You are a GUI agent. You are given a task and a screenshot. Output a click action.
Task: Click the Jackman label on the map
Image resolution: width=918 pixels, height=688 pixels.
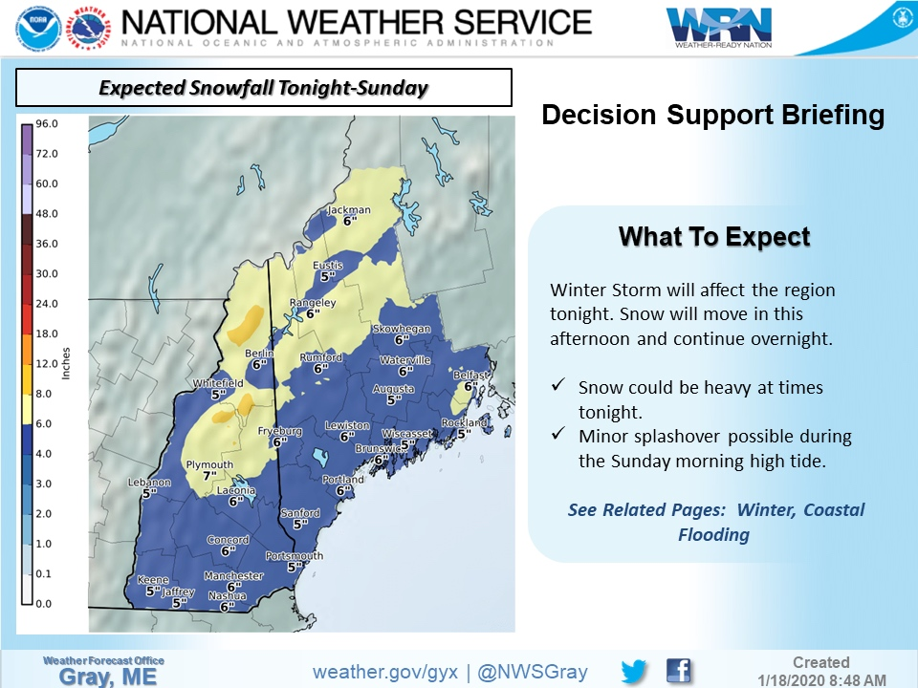click(348, 210)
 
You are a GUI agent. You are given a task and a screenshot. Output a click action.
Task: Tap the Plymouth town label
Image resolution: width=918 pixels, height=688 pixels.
click(209, 465)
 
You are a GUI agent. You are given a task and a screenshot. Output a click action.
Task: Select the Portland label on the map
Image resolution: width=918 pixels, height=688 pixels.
click(342, 480)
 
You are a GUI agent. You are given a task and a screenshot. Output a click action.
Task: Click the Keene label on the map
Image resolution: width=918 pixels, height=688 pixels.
click(153, 580)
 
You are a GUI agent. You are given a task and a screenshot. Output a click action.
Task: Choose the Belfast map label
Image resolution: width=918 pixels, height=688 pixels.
click(470, 376)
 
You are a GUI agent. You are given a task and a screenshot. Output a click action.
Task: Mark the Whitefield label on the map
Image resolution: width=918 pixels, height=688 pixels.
click(218, 383)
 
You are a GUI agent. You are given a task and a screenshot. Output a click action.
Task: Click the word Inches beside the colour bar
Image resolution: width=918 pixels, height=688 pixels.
click(66, 363)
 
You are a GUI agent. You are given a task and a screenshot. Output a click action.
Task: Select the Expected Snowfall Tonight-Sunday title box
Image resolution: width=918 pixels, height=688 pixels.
click(264, 88)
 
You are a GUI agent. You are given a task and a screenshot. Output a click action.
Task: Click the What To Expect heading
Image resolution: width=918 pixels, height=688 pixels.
click(714, 237)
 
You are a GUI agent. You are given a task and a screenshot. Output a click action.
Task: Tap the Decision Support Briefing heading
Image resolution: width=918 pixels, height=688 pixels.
click(712, 116)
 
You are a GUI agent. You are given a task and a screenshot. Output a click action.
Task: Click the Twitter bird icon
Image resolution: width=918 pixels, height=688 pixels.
click(635, 671)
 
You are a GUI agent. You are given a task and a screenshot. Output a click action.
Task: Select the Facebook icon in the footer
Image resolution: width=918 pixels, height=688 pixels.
click(679, 671)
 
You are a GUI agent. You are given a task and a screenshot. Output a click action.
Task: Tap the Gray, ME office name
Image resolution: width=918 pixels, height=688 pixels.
click(103, 677)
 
